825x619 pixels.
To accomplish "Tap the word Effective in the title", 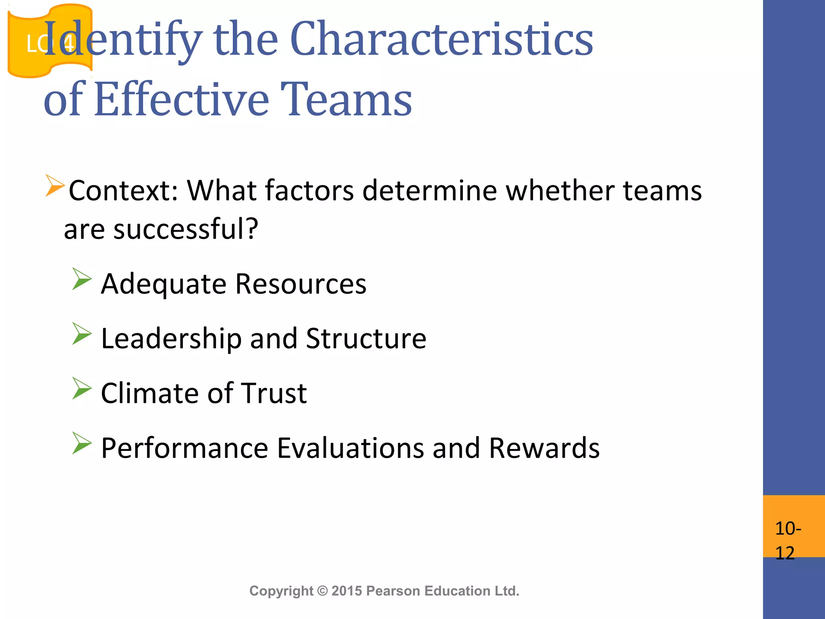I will click(x=181, y=100).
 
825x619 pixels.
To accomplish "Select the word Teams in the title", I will click(x=346, y=100).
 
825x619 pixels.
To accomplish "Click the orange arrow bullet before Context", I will click(x=55, y=185).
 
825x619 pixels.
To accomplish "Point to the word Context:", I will click(x=123, y=190).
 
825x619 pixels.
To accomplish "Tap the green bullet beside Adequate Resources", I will click(x=82, y=279).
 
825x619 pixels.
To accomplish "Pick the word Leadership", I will click(x=171, y=339).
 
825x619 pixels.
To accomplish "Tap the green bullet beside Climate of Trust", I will click(x=82, y=388).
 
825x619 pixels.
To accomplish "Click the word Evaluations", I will click(x=350, y=448).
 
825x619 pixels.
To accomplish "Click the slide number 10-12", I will click(x=788, y=540).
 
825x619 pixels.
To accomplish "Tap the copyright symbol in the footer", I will click(x=322, y=591).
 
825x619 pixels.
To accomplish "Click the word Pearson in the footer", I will click(x=393, y=591).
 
